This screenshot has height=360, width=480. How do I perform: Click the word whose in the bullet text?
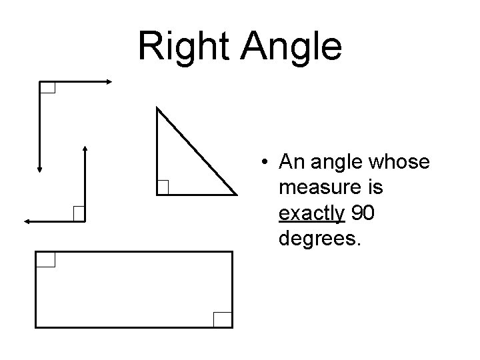click(x=401, y=162)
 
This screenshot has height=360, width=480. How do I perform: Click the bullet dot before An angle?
click(x=265, y=162)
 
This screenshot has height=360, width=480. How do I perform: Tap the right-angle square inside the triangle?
click(x=163, y=188)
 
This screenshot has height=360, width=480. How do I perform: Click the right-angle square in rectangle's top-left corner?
click(x=45, y=259)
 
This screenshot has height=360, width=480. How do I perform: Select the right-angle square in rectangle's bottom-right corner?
click(x=223, y=319)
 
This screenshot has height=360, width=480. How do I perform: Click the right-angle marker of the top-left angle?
click(x=47, y=87)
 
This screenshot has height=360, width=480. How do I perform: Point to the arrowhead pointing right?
click(x=109, y=81)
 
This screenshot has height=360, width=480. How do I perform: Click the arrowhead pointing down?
click(x=39, y=169)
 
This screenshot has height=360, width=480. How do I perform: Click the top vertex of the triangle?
click(x=157, y=107)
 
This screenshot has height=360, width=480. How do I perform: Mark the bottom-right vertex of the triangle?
click(x=237, y=195)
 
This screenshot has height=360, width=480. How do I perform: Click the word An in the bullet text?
click(x=291, y=162)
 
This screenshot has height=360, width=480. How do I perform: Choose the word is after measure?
click(x=373, y=188)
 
